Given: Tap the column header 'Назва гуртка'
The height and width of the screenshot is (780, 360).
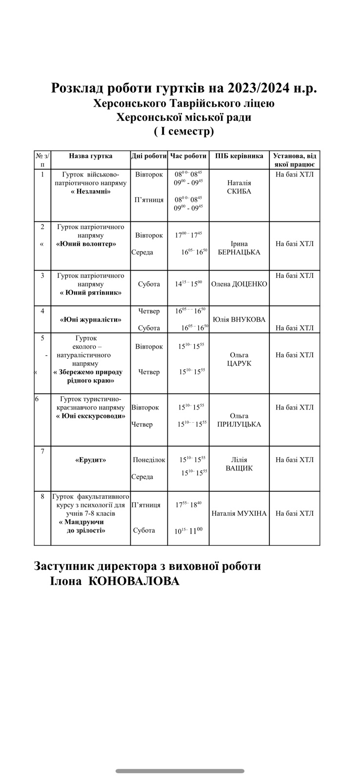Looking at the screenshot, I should (x=91, y=156).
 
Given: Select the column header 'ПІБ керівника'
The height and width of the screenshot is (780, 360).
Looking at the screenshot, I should (x=239, y=156).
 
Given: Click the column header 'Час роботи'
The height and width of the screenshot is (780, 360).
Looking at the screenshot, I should (x=188, y=156).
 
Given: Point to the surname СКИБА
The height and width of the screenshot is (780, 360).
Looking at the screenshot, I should (x=239, y=192).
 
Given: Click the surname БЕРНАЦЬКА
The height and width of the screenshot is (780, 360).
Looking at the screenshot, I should (x=239, y=253).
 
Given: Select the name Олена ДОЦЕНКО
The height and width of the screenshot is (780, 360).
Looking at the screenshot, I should (x=239, y=284).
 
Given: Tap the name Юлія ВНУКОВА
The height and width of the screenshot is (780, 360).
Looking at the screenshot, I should (x=239, y=320).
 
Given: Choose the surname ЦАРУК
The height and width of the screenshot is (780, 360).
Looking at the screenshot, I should (x=239, y=364).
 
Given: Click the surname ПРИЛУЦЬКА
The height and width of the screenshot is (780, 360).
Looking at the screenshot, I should (x=239, y=425).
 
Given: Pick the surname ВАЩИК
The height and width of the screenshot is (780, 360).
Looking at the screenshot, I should (x=239, y=468).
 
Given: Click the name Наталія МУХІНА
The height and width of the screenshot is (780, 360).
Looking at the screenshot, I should (x=239, y=513).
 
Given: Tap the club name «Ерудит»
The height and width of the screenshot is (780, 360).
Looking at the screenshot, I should (x=91, y=460).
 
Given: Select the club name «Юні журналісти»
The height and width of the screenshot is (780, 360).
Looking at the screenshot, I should (x=91, y=320).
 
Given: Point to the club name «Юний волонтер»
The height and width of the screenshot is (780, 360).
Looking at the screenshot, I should (x=86, y=244).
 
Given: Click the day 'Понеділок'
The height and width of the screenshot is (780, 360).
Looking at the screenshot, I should (x=149, y=460).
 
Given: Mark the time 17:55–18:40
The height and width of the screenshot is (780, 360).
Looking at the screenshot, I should (x=188, y=505).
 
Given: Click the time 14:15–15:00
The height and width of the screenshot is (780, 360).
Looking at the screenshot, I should (x=188, y=284).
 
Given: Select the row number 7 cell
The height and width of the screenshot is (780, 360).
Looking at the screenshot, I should (x=42, y=451).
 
